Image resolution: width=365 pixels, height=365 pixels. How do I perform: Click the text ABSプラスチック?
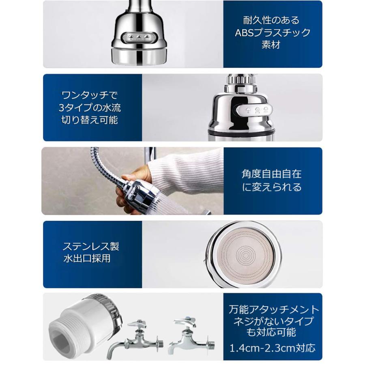tap(273, 33)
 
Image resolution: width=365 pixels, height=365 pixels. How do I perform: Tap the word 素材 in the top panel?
tap(273, 45)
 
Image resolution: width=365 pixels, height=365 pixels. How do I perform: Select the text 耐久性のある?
tap(273, 20)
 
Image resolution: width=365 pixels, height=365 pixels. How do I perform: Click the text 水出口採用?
tap(86, 259)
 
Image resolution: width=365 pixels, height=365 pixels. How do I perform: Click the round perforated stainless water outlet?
tap(244, 254)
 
